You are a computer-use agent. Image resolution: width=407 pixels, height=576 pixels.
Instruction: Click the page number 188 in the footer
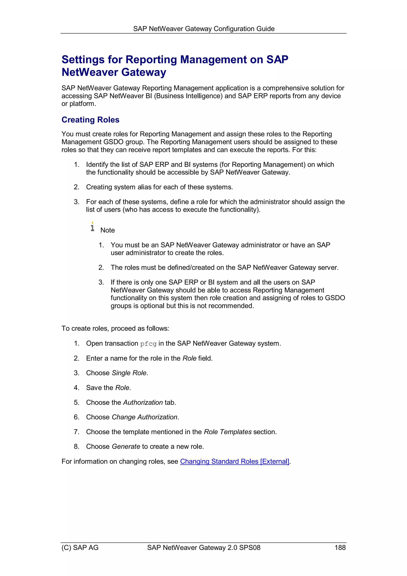point(340,547)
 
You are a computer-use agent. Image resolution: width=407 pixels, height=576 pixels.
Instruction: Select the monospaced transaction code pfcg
point(148,344)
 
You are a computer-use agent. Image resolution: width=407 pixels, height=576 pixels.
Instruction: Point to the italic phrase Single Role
point(129,373)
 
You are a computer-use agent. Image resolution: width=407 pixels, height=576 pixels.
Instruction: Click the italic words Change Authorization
point(144,417)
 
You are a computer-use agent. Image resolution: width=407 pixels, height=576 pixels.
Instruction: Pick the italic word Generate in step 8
point(126,447)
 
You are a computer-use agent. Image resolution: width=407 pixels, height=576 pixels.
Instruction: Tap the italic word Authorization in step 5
point(143,402)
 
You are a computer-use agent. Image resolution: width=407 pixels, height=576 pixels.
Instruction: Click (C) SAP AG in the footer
point(80,547)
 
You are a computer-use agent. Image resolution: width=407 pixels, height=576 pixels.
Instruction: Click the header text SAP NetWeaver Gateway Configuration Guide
point(204,29)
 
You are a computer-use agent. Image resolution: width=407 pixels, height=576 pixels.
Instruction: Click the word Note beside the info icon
point(108,230)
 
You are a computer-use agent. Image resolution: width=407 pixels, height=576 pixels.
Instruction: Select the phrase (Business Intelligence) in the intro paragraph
point(188,96)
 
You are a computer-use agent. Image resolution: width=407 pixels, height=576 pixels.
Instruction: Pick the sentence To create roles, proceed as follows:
point(115,328)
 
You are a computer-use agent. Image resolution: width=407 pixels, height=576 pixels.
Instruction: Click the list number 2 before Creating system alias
point(76,187)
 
